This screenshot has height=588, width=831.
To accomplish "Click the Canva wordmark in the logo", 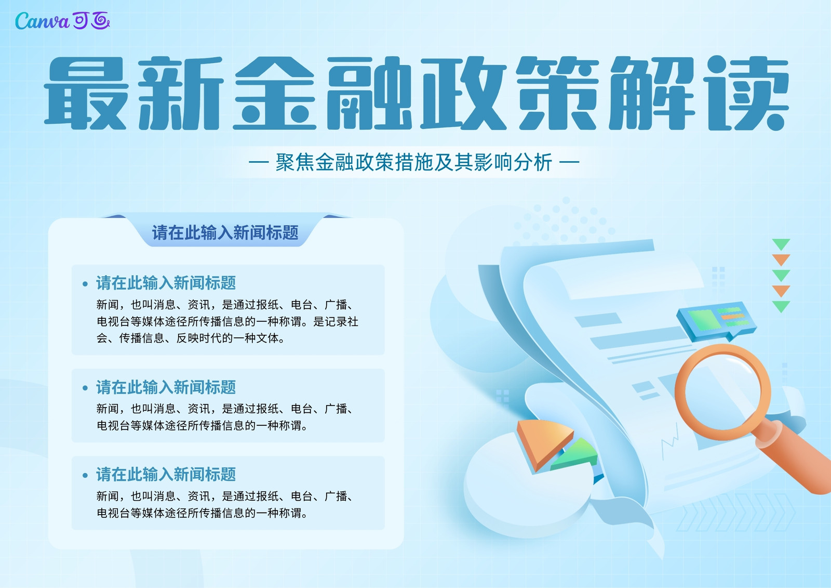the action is [42, 21].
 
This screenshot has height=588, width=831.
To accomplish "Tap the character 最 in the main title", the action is [86, 93].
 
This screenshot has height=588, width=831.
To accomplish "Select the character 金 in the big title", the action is [275, 93].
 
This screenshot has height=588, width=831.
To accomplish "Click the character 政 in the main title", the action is [464, 93].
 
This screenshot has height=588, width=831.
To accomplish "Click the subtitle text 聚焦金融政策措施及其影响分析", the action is [413, 162].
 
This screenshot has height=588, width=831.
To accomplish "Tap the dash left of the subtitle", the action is [259, 162].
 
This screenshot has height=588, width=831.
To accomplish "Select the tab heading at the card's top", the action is [225, 232].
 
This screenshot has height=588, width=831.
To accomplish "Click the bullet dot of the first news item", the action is [85, 284].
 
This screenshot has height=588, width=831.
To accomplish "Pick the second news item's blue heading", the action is [166, 387].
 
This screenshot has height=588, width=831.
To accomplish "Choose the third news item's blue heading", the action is [166, 474].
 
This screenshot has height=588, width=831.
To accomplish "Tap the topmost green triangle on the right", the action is [781, 244].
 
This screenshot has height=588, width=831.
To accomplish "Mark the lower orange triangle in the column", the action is [781, 291].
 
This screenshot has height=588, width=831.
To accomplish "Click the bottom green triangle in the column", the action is [781, 306].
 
